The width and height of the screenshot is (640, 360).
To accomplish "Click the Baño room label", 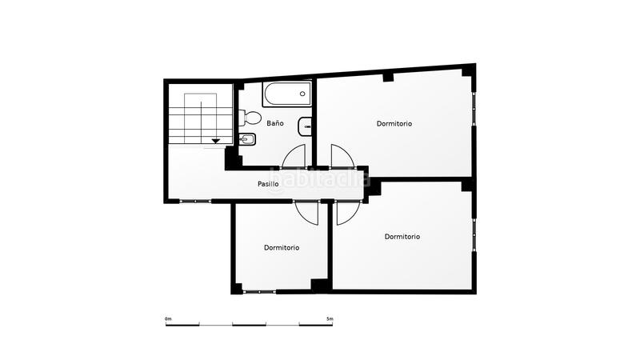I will tap(275, 124).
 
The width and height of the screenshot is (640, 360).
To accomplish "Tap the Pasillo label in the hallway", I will tap(268, 184).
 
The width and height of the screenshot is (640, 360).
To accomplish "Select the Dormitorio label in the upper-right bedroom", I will tap(394, 124).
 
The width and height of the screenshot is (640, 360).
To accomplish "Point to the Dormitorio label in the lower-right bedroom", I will tap(402, 236).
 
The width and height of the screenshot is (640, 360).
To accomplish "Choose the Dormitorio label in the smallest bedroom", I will tap(282, 248).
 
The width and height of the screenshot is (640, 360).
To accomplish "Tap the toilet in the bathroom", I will tap(251, 118).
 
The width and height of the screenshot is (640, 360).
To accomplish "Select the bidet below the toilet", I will tap(247, 142).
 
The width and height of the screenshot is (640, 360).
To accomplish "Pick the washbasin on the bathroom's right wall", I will tap(305, 126).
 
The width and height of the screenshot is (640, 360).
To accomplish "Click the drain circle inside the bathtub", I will tap(302, 94).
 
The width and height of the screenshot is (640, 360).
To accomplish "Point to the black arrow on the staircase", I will tap(215, 141).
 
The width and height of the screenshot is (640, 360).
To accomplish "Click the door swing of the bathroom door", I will tap(294, 155).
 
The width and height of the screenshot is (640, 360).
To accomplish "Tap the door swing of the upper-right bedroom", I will tap(342, 155).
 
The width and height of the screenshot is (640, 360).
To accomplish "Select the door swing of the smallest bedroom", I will tap(307, 212).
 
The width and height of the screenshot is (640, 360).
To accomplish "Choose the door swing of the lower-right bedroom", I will tap(347, 212).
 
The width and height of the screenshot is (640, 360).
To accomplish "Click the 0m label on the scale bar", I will tap(168, 319).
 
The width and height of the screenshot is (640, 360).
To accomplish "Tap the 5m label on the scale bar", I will tap(330, 319).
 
